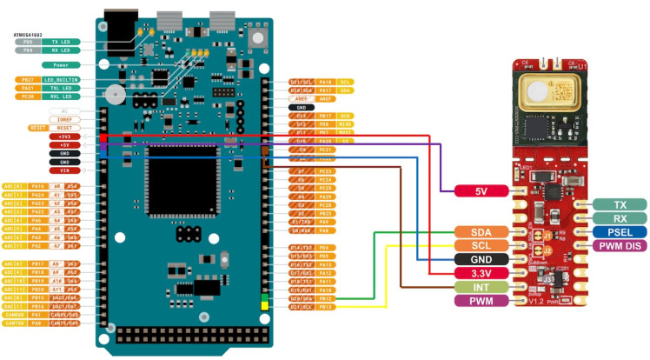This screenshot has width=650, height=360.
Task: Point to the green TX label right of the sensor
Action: click(619, 204)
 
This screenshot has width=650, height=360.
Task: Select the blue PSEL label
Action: click(619, 232)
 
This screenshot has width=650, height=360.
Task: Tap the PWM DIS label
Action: click(619, 246)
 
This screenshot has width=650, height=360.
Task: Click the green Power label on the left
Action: click(61, 64)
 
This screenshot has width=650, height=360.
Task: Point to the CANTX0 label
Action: click(40, 323)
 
